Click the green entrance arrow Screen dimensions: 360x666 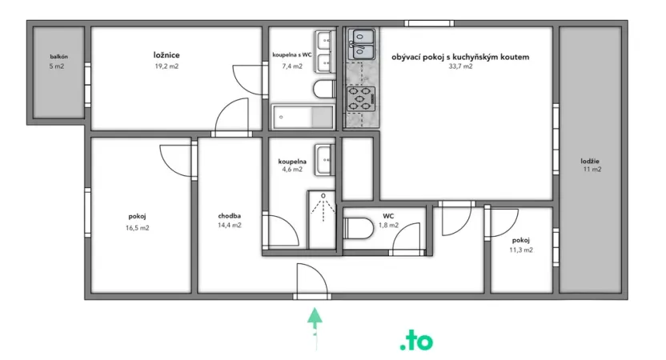pyautogui.click(x=315, y=319)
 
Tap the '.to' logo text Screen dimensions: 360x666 pyautogui.click(x=415, y=342)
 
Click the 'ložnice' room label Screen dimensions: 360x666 pyautogui.click(x=166, y=54)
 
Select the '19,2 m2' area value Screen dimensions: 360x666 pyautogui.click(x=166, y=66)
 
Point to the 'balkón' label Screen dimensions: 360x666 pyautogui.click(x=58, y=57)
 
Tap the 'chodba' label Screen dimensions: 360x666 pyautogui.click(x=230, y=215)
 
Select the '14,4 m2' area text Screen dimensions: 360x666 pyautogui.click(x=230, y=226)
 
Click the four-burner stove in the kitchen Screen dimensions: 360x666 pyautogui.click(x=359, y=99)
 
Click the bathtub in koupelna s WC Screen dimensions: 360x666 pyautogui.click(x=302, y=118)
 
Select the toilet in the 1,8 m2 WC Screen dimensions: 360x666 pyautogui.click(x=358, y=229)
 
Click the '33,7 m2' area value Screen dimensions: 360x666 pyautogui.click(x=460, y=67)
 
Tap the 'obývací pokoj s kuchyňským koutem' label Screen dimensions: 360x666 pyautogui.click(x=460, y=57)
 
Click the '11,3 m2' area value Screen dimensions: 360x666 pyautogui.click(x=522, y=250)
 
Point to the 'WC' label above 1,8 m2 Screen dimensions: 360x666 pyautogui.click(x=388, y=215)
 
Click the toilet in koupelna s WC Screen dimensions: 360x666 pyautogui.click(x=324, y=88)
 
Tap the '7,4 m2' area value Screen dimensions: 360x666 pyautogui.click(x=291, y=66)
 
